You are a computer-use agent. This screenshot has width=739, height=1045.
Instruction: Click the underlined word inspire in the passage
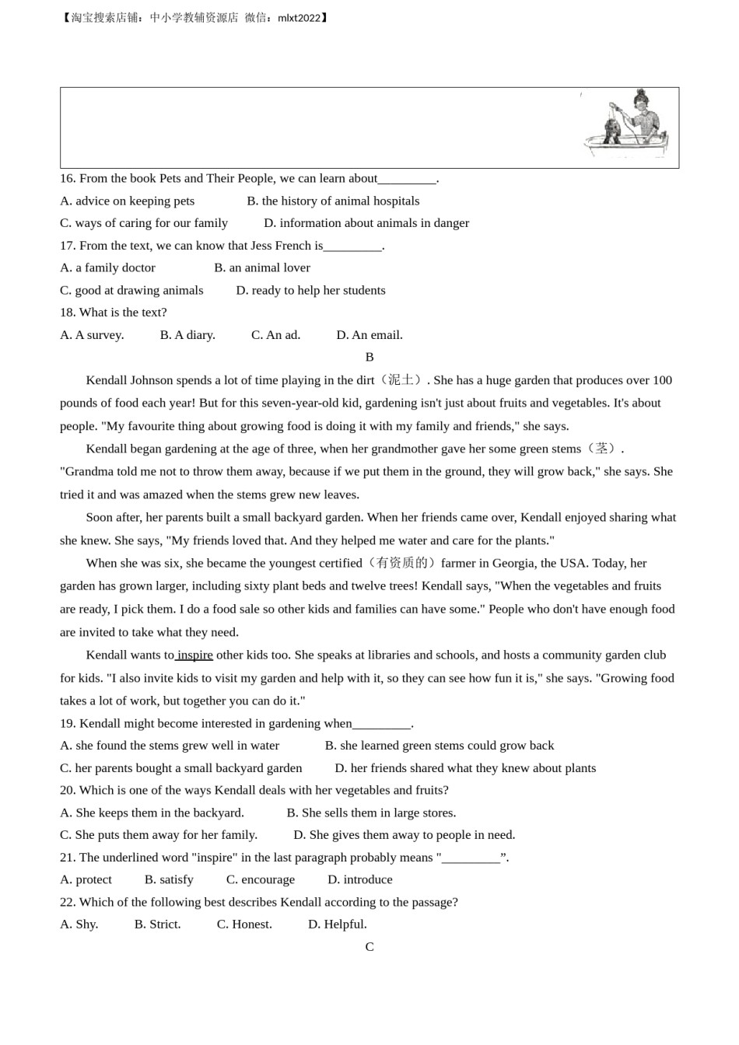tap(194, 655)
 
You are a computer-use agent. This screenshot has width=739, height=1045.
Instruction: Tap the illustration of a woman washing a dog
tap(627, 125)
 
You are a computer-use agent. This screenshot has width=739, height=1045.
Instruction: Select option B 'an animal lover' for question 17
tap(262, 267)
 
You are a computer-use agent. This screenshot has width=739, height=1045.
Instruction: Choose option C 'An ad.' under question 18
tap(275, 335)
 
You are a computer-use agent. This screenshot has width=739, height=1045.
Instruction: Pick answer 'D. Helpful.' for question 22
tap(337, 924)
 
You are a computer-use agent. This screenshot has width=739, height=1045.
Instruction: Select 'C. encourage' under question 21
tap(261, 879)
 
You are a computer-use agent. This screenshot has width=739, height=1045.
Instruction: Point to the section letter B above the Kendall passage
tap(369, 357)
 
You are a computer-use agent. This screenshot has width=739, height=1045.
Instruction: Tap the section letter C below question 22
tap(369, 947)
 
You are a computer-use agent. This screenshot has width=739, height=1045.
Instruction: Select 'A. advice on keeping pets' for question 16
tap(128, 201)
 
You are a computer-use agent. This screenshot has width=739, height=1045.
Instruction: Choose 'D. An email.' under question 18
tap(369, 335)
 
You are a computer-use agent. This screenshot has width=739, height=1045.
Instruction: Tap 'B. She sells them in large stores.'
tap(371, 813)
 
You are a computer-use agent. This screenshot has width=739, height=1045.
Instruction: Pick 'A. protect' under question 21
tap(86, 879)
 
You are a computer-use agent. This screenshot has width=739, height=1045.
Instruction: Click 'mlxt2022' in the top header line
tap(299, 17)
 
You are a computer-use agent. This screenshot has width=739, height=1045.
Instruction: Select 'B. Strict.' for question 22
tap(157, 924)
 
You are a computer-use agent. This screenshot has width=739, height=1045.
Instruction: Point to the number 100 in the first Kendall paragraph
tap(662, 380)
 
